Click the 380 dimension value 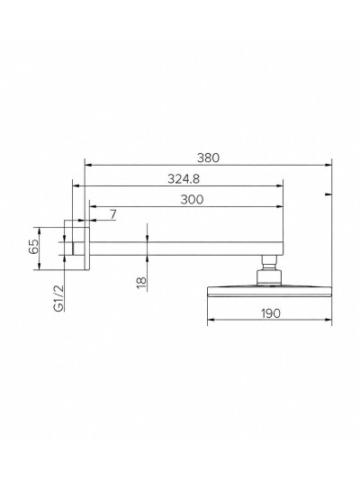coord(208,156)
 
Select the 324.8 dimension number coord(183,178)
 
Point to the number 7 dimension coord(112,214)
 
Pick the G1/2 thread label coord(58,296)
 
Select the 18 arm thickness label coord(140,283)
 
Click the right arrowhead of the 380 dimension coord(328,164)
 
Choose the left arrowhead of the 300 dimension coord(91,207)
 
